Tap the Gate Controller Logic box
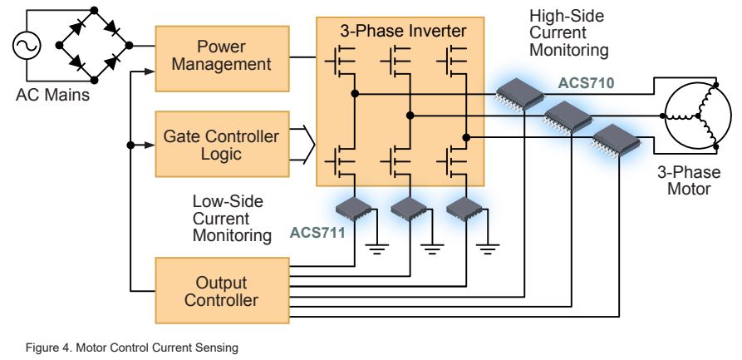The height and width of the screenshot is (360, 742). pyautogui.click(x=223, y=144)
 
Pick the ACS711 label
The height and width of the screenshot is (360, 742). pyautogui.click(x=315, y=232)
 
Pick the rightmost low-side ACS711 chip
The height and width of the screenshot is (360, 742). pyautogui.click(x=463, y=210)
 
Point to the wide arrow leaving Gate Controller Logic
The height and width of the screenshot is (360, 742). pyautogui.click(x=304, y=143)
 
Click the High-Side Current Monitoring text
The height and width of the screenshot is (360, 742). pyautogui.click(x=569, y=33)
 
